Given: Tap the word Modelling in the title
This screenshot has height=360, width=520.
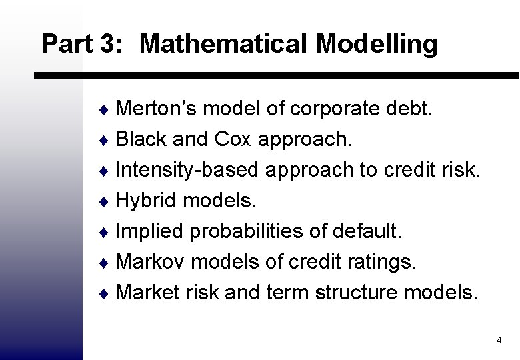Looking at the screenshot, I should [x=377, y=44].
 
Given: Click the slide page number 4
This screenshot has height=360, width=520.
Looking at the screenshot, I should [x=499, y=341].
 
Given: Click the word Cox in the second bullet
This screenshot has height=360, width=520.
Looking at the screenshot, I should [x=235, y=140].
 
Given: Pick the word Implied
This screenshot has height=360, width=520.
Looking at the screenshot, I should [x=150, y=231].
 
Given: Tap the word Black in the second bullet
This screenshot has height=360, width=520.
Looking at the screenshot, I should [x=141, y=140].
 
